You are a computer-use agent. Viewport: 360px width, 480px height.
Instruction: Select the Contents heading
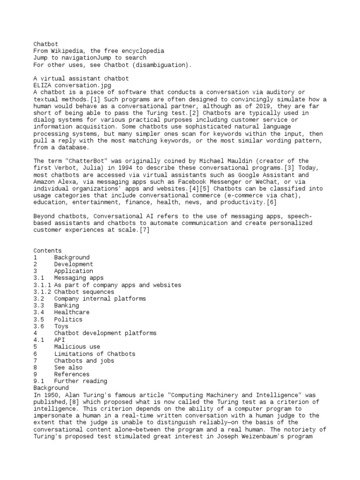tap(47, 251)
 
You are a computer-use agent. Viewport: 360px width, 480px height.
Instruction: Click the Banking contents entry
tap(66, 306)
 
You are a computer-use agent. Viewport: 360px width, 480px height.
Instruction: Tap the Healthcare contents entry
tap(71, 312)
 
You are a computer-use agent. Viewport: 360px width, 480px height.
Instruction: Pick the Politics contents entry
tap(68, 319)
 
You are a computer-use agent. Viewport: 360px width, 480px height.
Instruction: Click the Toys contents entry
tap(61, 326)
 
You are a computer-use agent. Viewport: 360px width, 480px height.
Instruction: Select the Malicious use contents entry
tap(76, 347)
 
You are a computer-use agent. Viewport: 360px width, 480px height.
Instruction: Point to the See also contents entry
tap(68, 367)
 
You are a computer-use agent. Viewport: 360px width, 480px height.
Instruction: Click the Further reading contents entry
tap(80, 381)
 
